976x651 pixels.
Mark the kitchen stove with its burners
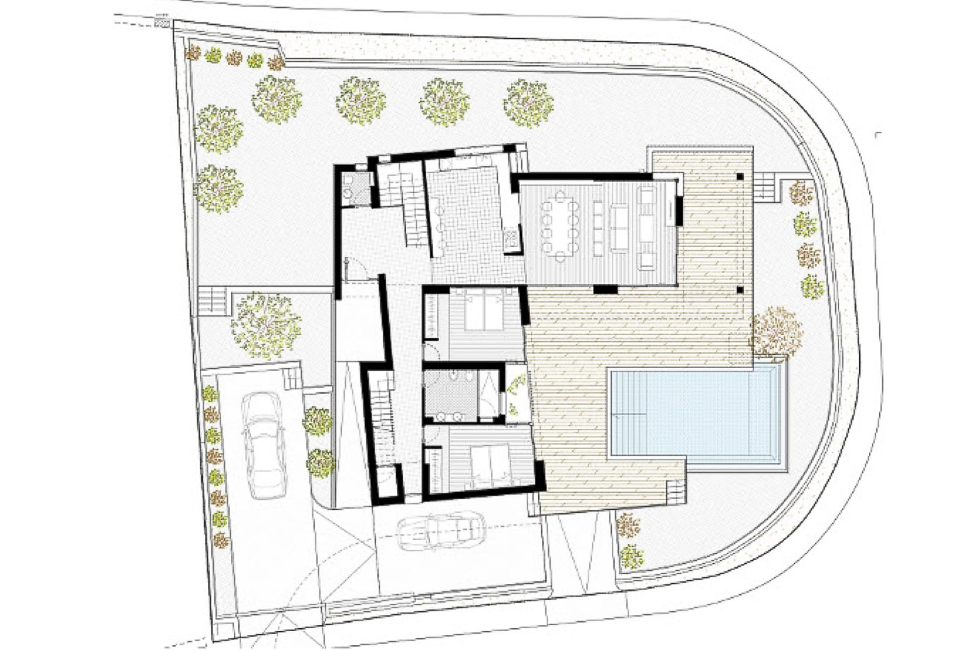point(511,239)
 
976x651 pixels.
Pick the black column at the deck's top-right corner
point(740,177)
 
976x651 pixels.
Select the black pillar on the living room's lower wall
point(605,290)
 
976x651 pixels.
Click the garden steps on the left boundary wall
point(212,300)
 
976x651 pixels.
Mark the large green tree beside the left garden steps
point(265,325)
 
